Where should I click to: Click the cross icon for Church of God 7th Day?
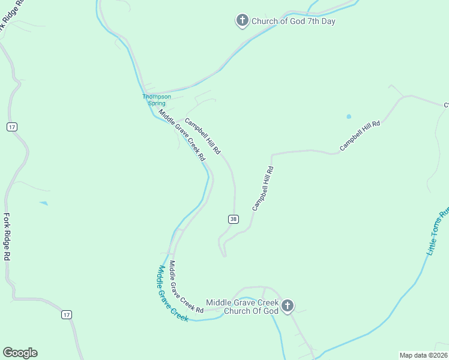point(242,22)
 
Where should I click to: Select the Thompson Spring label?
point(157,100)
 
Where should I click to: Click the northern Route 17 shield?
point(11,127)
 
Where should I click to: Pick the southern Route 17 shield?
point(66,314)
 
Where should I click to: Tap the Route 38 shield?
point(234,219)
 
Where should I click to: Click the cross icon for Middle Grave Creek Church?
point(288,307)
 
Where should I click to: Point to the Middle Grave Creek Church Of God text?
point(243,307)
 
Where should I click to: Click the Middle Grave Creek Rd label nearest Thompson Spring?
point(182,134)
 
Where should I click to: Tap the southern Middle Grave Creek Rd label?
point(186,287)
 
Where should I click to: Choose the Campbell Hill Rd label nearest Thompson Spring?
point(203,134)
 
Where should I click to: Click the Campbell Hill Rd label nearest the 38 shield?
point(263,188)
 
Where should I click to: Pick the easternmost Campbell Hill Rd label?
point(360,136)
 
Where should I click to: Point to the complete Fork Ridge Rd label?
point(8,237)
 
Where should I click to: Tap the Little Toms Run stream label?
point(438,232)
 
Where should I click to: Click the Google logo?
point(20,353)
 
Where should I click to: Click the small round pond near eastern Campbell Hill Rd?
point(349,116)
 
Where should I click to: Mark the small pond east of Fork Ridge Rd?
point(43,203)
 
